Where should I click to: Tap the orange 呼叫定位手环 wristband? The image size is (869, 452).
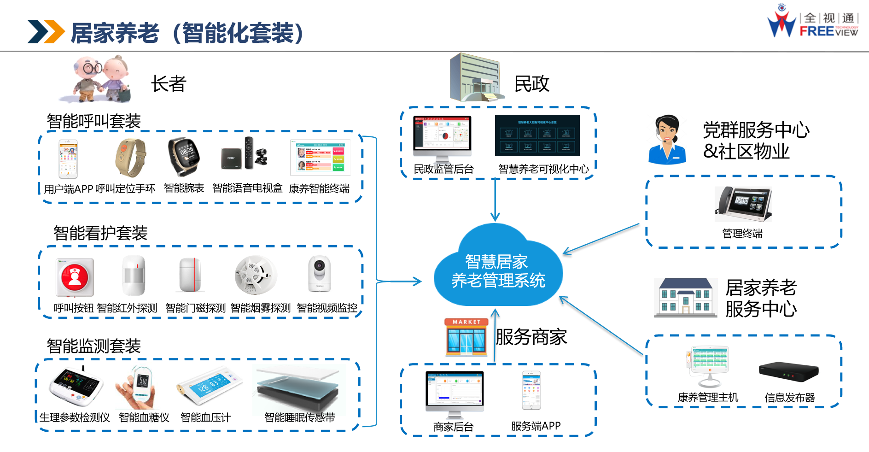[130, 158]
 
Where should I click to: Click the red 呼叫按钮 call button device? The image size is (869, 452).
[75, 277]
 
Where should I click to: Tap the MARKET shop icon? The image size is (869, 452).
[466, 337]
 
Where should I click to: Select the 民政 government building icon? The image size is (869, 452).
[475, 78]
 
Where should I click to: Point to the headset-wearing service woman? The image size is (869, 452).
[667, 140]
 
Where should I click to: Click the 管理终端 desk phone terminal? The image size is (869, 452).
[742, 204]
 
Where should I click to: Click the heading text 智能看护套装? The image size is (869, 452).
[100, 233]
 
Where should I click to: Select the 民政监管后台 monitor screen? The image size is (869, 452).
[443, 136]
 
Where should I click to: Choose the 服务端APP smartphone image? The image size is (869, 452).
[531, 390]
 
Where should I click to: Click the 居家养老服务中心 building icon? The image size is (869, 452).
[685, 297]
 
